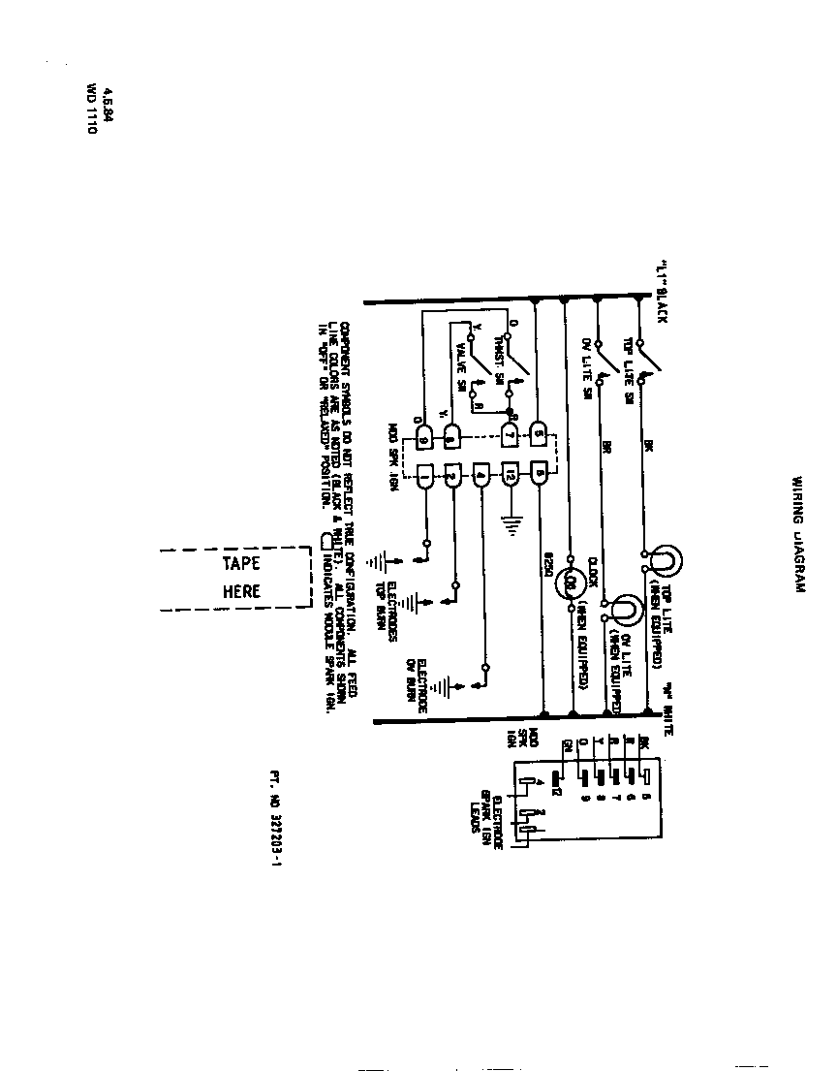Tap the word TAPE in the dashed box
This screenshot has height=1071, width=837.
click(x=241, y=564)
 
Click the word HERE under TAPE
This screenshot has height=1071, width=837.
click(x=241, y=591)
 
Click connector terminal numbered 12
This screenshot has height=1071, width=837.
click(x=511, y=475)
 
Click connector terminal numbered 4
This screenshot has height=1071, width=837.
click(x=481, y=475)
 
